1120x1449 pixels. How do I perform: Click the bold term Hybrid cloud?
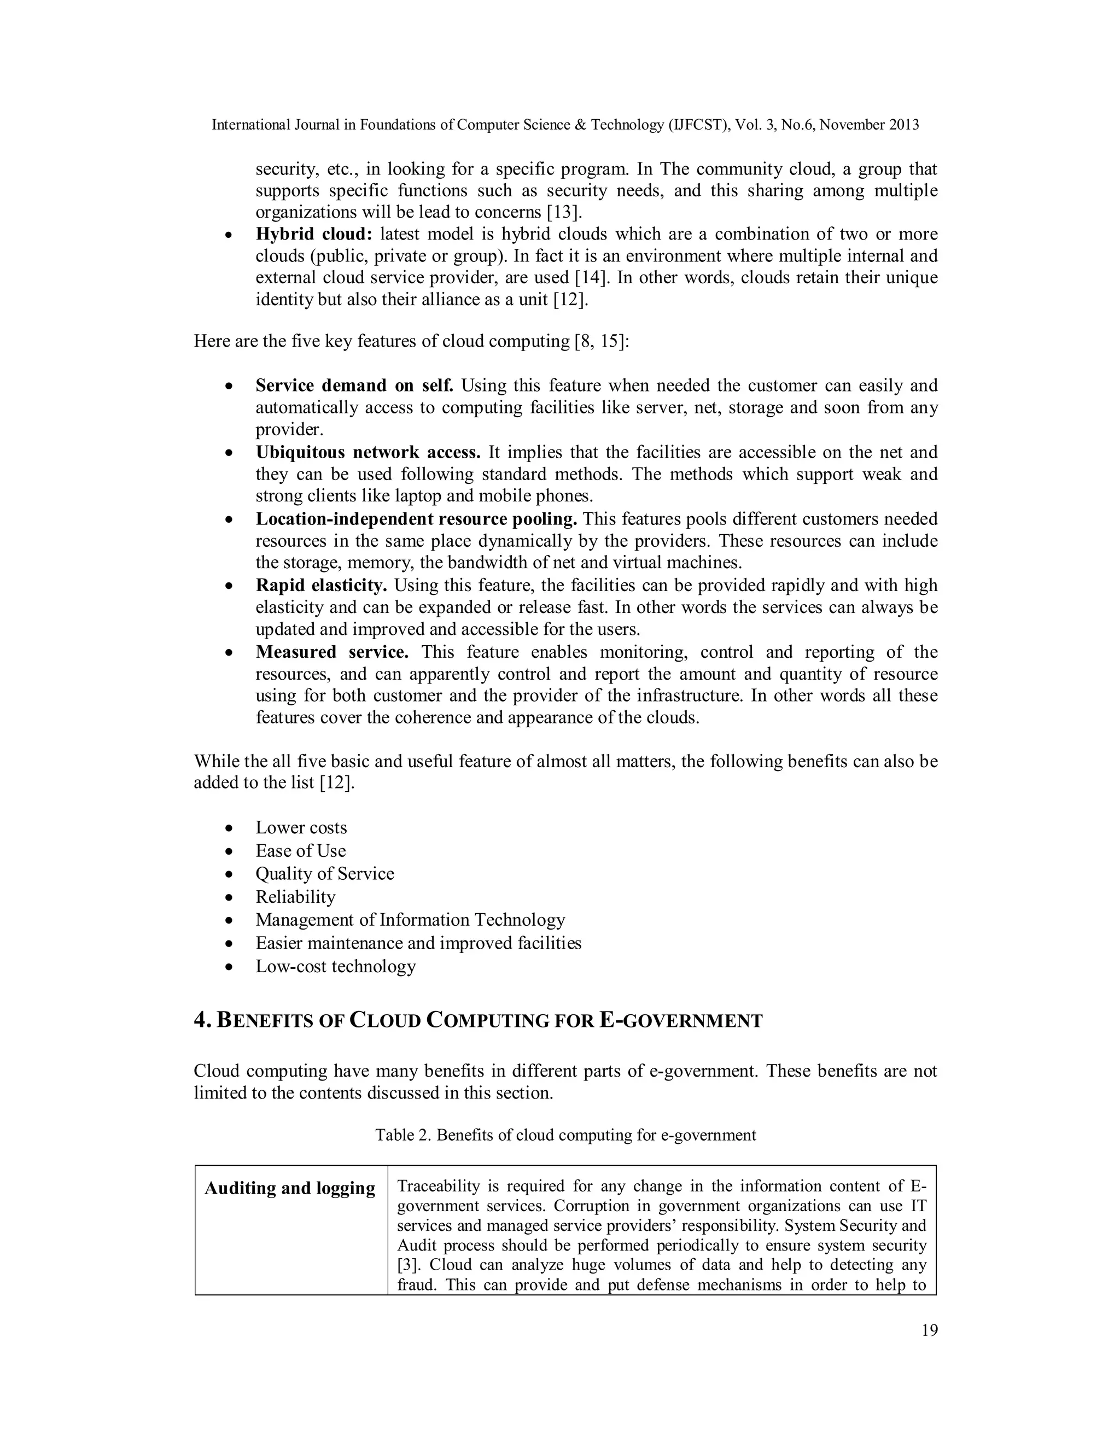(x=314, y=234)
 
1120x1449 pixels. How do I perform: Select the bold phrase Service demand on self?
(x=354, y=385)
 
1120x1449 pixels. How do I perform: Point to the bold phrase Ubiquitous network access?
(x=367, y=453)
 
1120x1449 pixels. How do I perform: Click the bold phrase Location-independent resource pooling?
(x=416, y=519)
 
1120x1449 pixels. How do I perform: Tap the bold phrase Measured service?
(x=332, y=652)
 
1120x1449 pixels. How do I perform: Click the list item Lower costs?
(x=301, y=827)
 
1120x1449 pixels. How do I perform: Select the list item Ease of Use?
(x=301, y=851)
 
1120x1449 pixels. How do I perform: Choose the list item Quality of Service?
(x=324, y=874)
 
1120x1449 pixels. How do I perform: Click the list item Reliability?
(x=295, y=897)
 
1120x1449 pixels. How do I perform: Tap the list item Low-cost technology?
(x=336, y=966)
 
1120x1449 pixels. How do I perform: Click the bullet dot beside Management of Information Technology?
(x=229, y=921)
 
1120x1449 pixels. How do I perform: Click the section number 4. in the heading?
(x=202, y=1020)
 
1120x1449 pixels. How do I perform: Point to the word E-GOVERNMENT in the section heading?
(x=681, y=1020)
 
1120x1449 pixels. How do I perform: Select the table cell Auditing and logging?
(x=290, y=1188)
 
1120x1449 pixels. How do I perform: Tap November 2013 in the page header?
(x=869, y=125)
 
